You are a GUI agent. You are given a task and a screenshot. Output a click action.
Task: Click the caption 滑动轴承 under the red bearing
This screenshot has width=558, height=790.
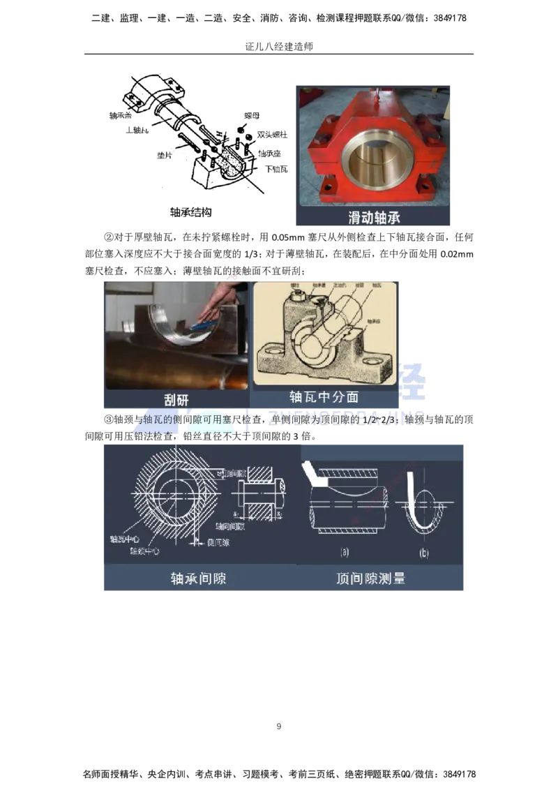click(374, 218)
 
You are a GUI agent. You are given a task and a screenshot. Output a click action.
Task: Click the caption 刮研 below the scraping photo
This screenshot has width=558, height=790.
click(176, 398)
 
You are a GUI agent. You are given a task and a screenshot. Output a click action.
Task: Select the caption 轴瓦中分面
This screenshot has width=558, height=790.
click(324, 396)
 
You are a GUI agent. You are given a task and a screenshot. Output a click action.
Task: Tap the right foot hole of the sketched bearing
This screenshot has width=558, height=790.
click(379, 362)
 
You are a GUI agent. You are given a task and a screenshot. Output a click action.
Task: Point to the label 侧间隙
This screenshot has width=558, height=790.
click(216, 542)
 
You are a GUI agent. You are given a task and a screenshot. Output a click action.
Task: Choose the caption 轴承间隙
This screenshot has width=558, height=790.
click(198, 578)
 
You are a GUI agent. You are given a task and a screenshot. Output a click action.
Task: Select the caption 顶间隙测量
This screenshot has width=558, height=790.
click(370, 578)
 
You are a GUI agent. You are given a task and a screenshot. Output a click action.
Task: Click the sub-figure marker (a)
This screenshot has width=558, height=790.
click(345, 552)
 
